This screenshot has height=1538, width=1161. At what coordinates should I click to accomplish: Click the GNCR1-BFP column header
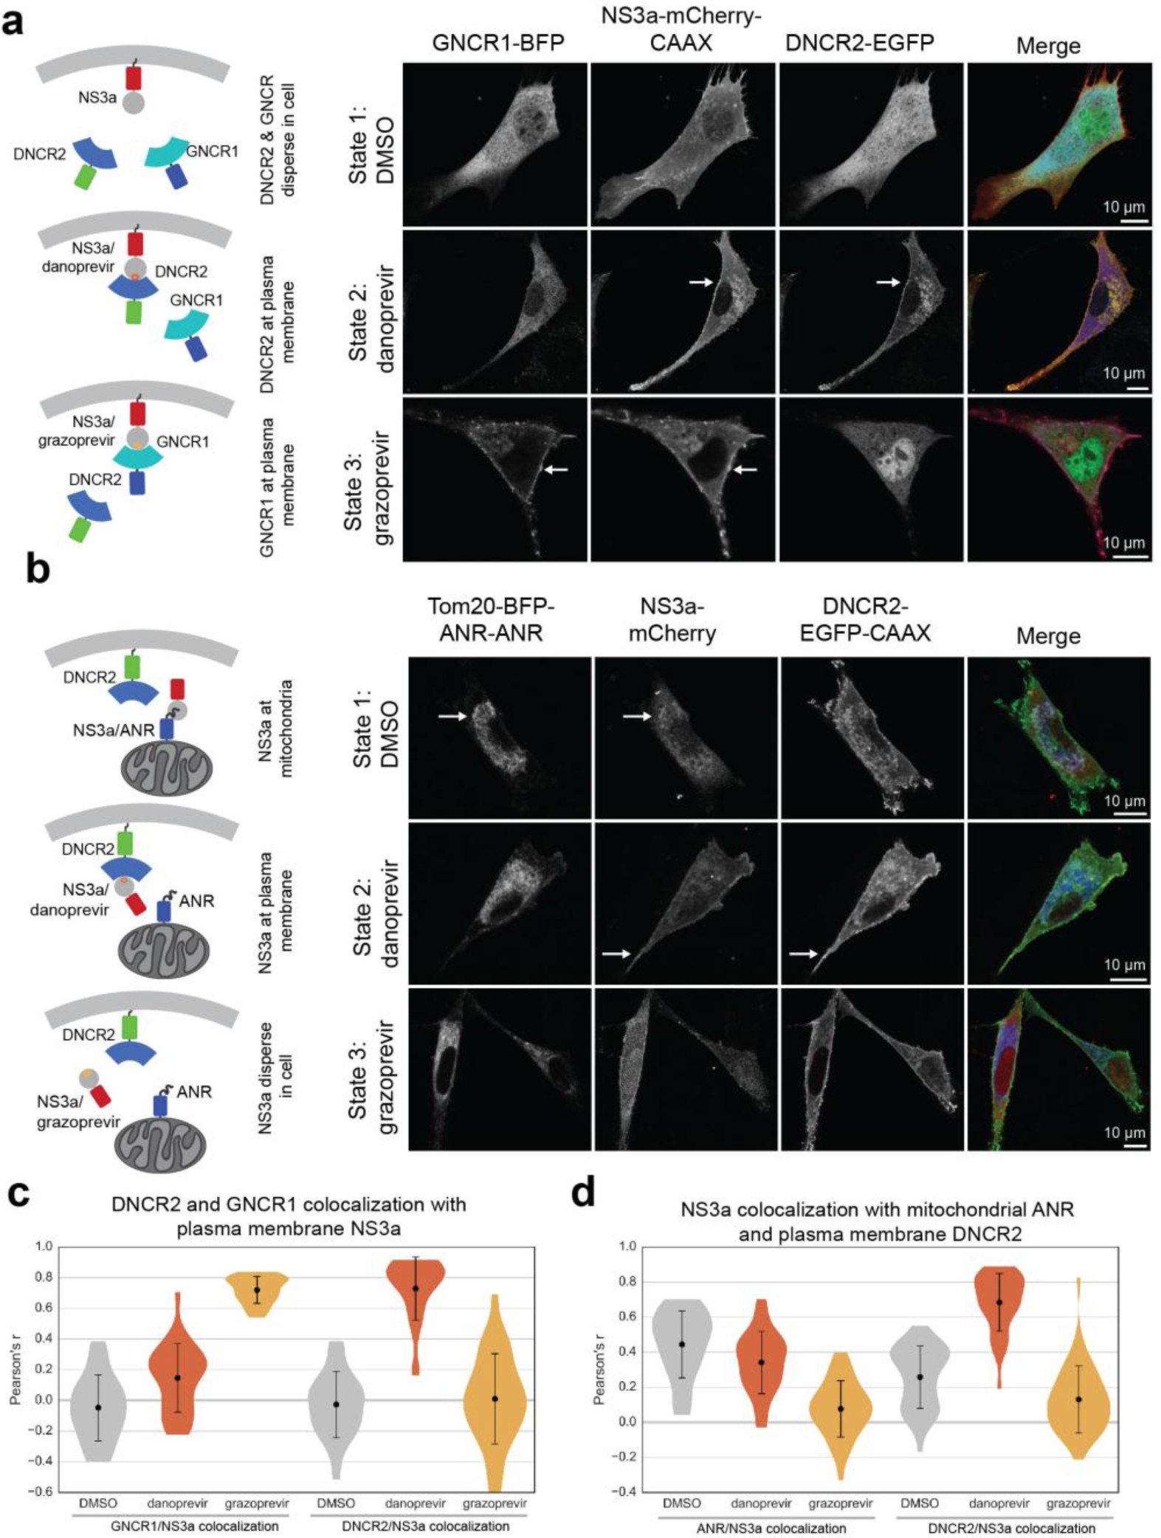[497, 43]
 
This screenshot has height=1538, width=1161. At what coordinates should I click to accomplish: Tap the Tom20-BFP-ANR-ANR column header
[491, 620]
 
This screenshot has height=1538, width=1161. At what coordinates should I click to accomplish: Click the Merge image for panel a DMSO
[1059, 145]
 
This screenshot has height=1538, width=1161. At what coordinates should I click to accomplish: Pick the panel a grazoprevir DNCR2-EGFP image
[871, 480]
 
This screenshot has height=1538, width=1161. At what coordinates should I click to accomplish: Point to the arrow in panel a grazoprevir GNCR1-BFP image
[556, 469]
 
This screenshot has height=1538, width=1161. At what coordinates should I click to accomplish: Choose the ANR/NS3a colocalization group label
[771, 1528]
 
